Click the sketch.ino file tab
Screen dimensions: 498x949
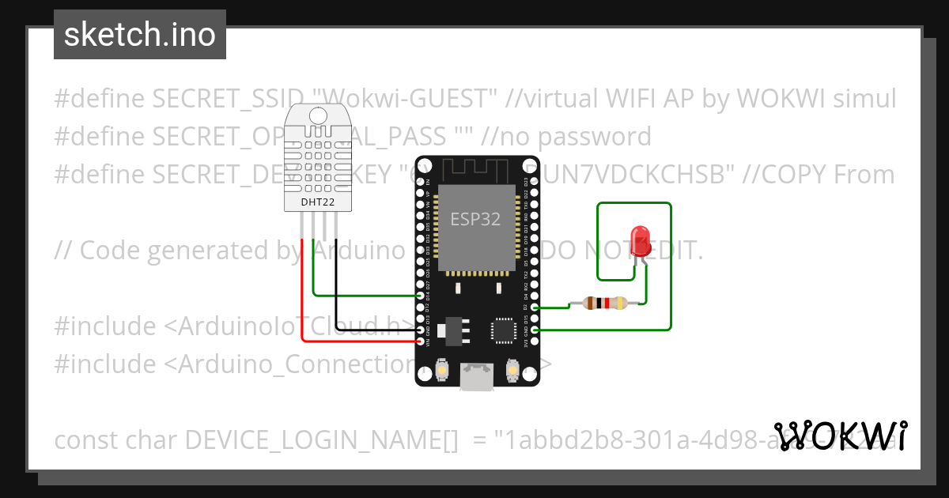tap(139, 35)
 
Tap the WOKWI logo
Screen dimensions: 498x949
tap(840, 436)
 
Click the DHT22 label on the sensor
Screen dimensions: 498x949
tap(318, 202)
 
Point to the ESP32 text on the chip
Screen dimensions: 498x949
tap(475, 219)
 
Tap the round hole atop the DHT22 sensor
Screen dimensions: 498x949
tap(318, 115)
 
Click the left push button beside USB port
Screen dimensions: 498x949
tap(446, 369)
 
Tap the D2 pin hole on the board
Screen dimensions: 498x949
tap(535, 307)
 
